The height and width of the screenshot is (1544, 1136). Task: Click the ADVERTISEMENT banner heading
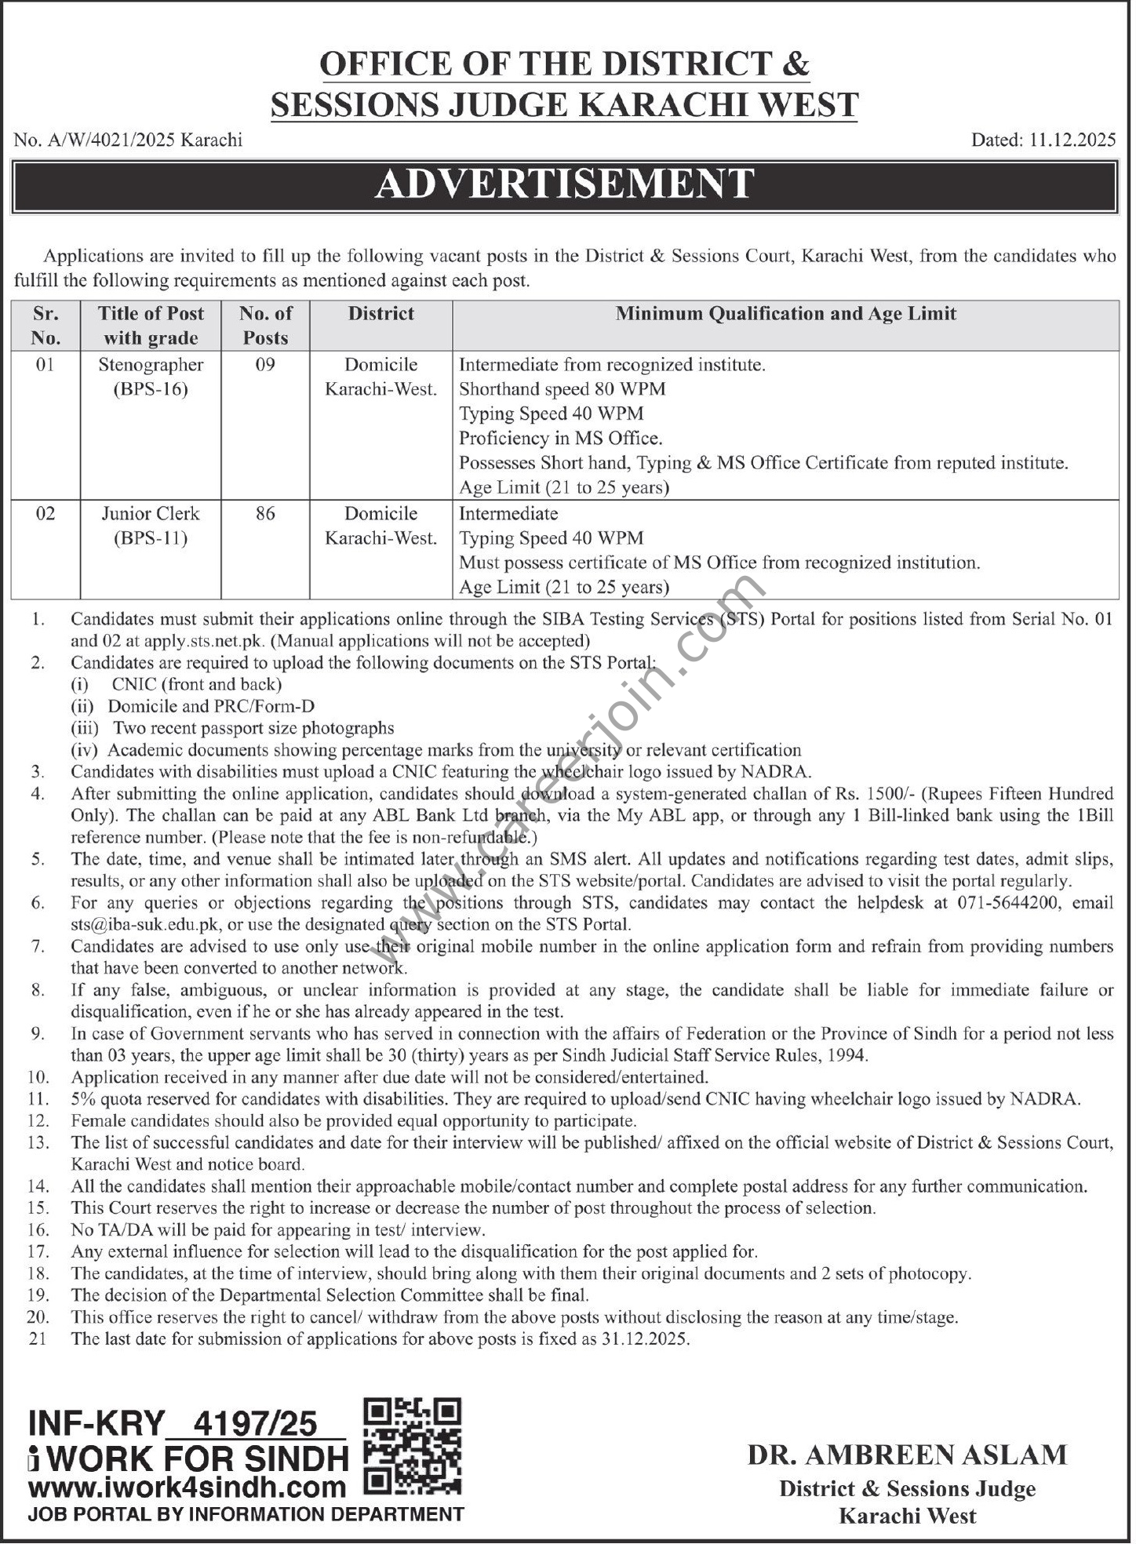click(564, 184)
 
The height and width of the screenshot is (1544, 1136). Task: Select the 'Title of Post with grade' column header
click(151, 326)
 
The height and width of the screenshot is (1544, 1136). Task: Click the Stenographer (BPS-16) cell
click(151, 377)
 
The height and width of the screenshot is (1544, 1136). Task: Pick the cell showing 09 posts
click(265, 365)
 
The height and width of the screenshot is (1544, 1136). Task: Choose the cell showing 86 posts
click(265, 514)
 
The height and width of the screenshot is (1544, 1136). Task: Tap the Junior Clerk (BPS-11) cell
click(151, 526)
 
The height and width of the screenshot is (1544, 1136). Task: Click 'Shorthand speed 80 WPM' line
click(562, 389)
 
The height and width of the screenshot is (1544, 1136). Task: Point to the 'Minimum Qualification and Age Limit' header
click(785, 314)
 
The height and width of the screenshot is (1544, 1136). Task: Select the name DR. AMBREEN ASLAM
click(907, 1455)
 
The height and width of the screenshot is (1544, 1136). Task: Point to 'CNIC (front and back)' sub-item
click(196, 684)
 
